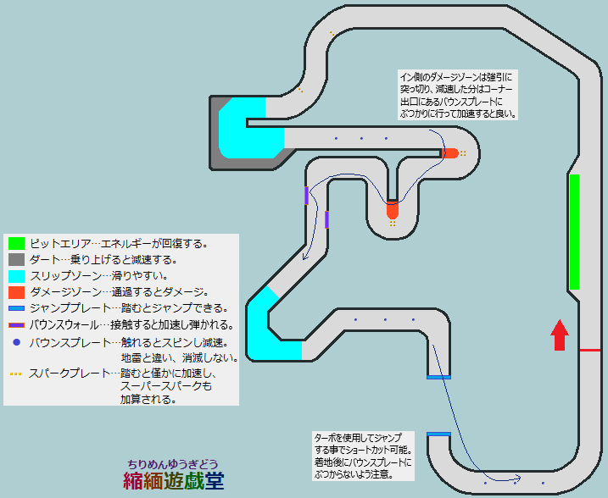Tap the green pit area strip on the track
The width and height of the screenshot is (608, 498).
574,231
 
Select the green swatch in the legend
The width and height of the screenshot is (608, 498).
17,244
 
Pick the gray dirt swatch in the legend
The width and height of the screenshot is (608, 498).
17,260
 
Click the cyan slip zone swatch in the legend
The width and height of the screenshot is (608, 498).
17,276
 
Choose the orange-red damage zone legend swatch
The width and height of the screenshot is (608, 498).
17,292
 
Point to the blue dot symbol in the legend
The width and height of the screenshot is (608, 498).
17,342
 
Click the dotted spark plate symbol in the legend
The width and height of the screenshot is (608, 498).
17,373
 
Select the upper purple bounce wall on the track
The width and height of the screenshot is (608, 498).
306,196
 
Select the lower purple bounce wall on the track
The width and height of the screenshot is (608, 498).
326,219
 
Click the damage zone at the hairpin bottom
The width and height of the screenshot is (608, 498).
392,208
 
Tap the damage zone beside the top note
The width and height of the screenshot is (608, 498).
449,153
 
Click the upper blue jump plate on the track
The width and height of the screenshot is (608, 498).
438,376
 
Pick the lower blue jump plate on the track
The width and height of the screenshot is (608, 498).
438,434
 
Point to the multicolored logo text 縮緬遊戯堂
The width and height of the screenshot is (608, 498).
173,481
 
